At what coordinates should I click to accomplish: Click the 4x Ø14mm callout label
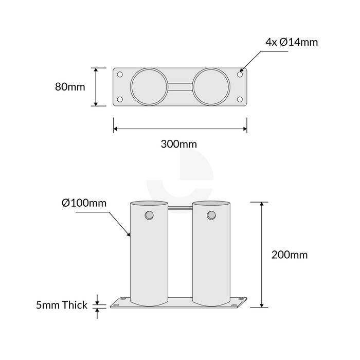coord(292,42)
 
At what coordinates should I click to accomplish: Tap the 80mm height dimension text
coord(69,87)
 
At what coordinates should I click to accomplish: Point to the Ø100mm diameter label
coord(84,203)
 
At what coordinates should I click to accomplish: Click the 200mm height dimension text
coord(290,255)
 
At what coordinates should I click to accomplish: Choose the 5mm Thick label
coord(62,305)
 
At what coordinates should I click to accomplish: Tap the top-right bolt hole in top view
coord(240,75)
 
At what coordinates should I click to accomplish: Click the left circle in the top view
coord(149,87)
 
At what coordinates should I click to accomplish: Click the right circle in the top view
coord(211,87)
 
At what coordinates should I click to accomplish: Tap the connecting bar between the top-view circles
coord(180,87)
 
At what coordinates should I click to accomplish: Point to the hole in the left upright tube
coord(149,214)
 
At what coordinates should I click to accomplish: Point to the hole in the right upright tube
coord(211,214)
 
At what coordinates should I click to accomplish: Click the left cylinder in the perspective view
coord(149,257)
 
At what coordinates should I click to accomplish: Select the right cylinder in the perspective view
coord(211,257)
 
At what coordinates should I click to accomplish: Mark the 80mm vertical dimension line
coord(96,87)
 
